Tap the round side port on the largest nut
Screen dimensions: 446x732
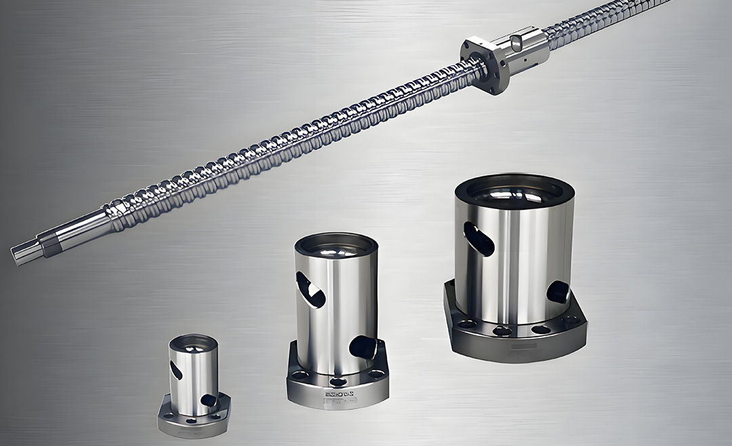[558, 292]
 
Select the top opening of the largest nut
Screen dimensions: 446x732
[514, 192]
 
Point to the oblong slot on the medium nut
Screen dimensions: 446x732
[311, 289]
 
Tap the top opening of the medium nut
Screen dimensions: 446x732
[335, 245]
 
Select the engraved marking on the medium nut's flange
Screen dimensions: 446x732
[337, 393]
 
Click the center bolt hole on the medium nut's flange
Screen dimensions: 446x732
[337, 382]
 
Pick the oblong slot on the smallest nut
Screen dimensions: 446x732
[176, 370]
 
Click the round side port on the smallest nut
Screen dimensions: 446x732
[209, 401]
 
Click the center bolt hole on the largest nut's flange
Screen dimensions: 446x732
[502, 331]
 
